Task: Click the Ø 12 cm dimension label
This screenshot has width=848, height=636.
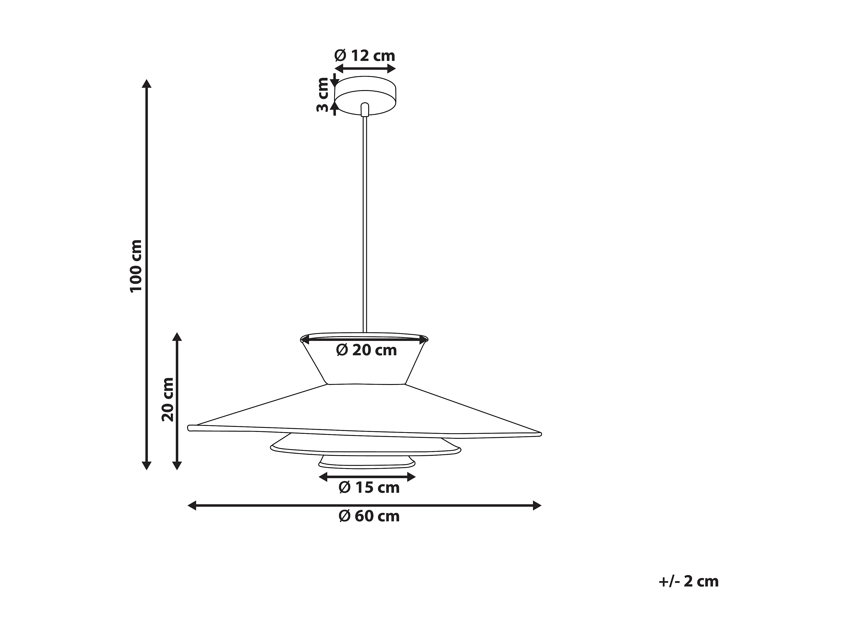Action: point(365,56)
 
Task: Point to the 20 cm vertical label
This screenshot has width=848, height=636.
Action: point(168,400)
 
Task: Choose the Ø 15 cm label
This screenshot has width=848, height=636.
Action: point(369,488)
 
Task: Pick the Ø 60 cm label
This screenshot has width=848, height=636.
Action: point(369,516)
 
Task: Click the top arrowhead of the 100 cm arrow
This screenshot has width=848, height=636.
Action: point(146,84)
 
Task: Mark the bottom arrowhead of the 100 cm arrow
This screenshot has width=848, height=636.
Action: point(146,465)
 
